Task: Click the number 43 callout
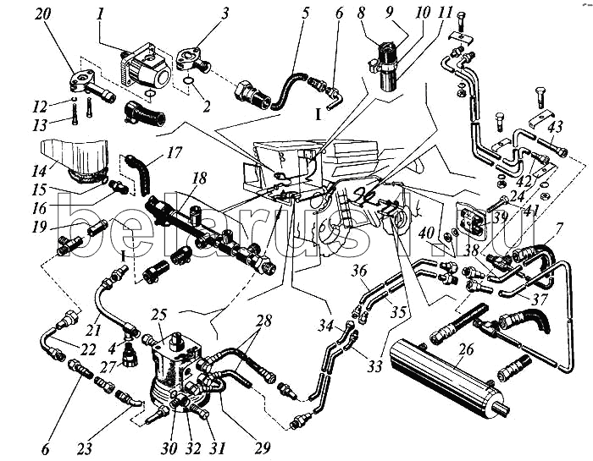coord(556,127)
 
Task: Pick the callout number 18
coord(199,178)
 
